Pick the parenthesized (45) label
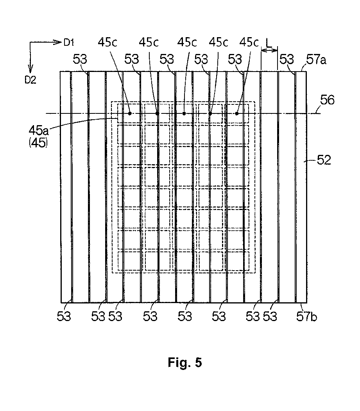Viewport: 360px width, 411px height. (x=38, y=143)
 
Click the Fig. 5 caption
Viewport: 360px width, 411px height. (x=185, y=363)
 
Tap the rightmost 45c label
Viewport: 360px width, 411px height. (x=250, y=42)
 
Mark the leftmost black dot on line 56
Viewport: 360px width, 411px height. (x=129, y=113)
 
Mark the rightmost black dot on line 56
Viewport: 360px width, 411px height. (x=237, y=113)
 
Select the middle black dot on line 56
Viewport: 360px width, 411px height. (x=184, y=113)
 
